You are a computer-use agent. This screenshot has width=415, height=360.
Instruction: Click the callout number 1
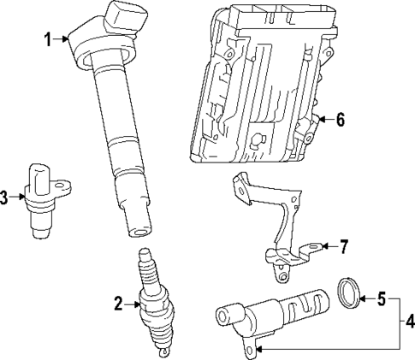48,38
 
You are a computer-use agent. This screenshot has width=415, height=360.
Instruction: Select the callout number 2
119,301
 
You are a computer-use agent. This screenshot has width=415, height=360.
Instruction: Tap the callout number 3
5,198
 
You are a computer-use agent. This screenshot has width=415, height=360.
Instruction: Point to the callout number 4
408,322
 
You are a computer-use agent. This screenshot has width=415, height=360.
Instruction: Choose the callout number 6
340,120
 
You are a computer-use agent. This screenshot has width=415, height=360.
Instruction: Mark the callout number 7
342,247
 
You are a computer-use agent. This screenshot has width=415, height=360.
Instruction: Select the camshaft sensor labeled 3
39,197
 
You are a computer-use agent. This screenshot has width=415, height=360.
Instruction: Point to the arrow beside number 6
323,120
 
